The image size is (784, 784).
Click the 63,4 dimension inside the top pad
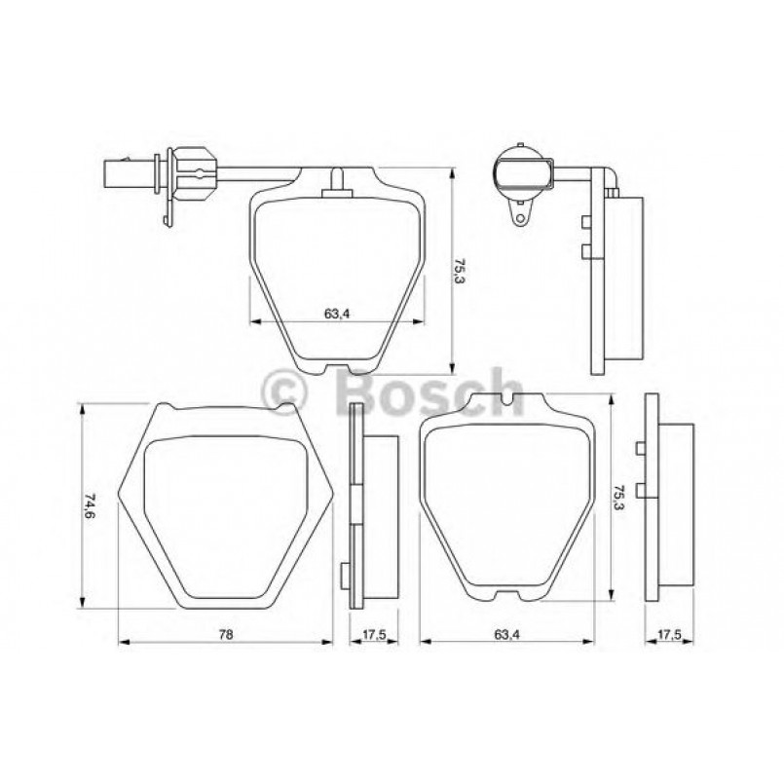[x=336, y=314]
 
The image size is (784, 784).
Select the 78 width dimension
[x=226, y=634]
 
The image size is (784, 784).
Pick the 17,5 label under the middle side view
[x=374, y=634]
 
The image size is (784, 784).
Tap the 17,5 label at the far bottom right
[x=668, y=634]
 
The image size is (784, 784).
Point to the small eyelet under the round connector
[x=521, y=216]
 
